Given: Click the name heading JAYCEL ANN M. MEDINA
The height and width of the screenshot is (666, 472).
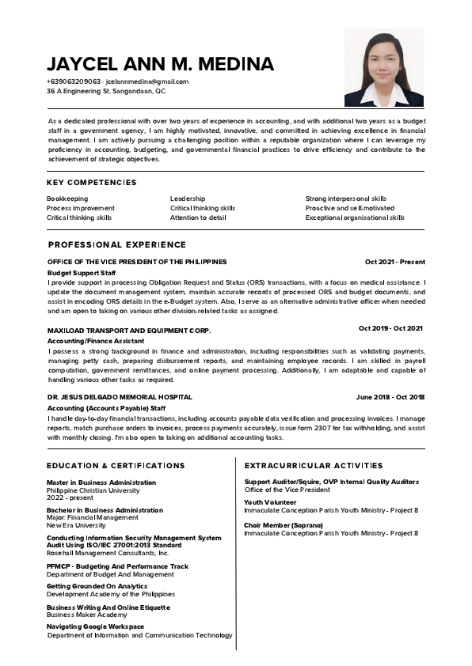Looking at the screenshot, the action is [160, 64].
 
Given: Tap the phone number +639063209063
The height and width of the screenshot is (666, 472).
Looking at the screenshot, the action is [74, 81].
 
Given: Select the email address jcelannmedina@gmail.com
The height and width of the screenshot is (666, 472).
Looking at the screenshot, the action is [147, 81].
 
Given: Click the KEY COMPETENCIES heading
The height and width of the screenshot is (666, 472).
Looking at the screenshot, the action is [91, 183].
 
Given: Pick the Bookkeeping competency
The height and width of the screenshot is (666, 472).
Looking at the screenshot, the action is [67, 199].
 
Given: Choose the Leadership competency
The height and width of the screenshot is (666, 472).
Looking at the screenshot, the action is [188, 199].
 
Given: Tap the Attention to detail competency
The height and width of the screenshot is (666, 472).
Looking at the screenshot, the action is [198, 218].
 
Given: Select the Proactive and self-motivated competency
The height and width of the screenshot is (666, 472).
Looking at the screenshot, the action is [349, 208].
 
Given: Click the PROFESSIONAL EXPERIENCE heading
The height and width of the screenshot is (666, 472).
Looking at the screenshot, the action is [117, 245].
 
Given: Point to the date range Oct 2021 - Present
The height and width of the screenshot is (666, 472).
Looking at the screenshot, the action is [394, 262].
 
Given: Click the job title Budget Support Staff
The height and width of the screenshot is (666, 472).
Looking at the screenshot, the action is [82, 272].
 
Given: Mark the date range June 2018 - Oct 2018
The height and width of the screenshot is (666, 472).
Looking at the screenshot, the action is [390, 397].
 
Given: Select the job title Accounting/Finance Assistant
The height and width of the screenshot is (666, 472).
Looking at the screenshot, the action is [96, 340].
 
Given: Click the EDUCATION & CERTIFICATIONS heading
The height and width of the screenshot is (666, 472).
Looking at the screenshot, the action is [116, 466].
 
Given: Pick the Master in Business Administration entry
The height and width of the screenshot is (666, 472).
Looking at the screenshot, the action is [101, 482].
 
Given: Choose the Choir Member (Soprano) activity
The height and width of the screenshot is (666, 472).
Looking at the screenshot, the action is [284, 525].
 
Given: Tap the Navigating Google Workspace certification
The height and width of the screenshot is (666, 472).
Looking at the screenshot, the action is [95, 626].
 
